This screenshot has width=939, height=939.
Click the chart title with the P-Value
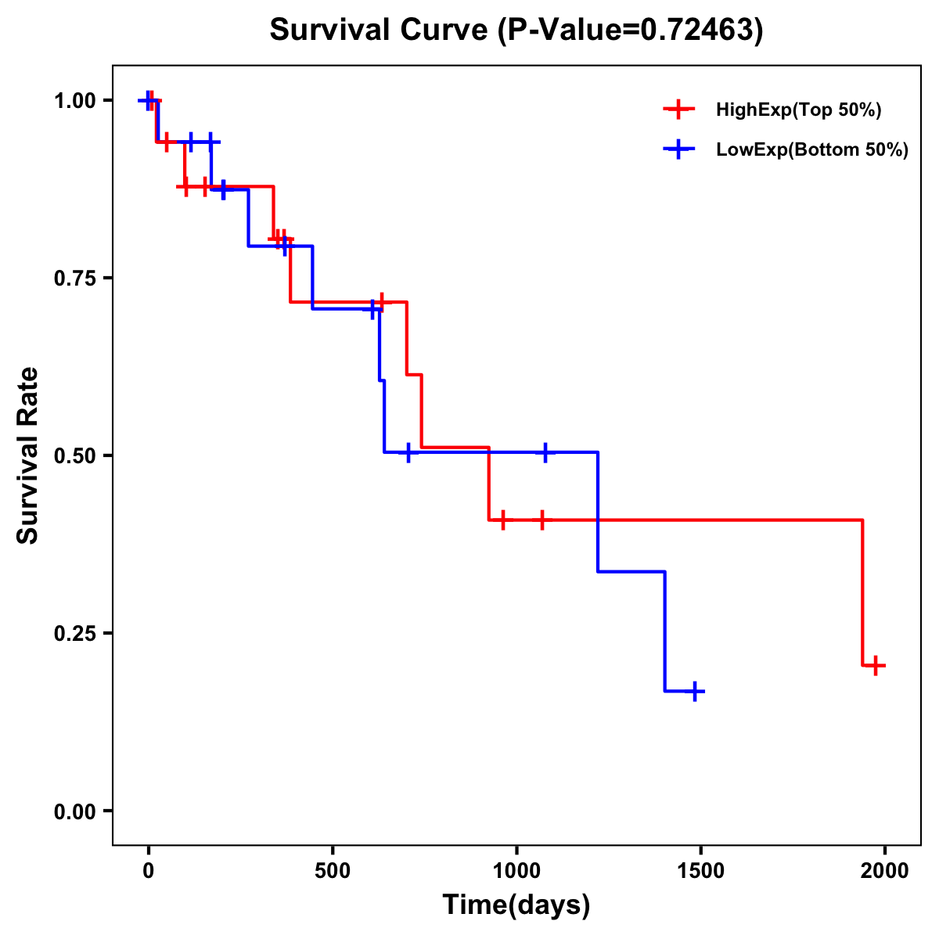point(516,30)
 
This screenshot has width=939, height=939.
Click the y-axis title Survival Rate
point(28,455)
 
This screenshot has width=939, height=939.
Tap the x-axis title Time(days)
point(516,905)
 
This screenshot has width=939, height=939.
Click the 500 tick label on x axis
point(333,871)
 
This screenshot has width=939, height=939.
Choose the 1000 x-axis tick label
point(516,871)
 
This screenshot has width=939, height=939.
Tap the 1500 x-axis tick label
point(701,871)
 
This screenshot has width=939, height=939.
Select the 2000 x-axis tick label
point(885,871)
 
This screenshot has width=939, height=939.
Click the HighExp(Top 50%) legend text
point(799,110)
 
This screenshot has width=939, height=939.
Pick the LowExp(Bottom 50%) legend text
point(812,150)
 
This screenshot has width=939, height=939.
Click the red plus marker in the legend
point(679,110)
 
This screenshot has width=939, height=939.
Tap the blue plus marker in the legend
point(679,149)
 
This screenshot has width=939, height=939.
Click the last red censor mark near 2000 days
point(876,666)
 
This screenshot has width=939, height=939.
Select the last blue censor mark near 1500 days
point(693,691)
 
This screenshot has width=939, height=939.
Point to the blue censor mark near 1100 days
point(545,452)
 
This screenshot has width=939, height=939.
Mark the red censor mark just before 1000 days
point(502,520)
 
